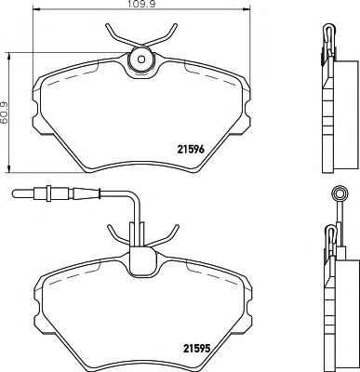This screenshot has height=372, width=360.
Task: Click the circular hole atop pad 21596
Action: tap(141, 59)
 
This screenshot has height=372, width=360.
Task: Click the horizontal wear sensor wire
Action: tap(93, 195)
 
